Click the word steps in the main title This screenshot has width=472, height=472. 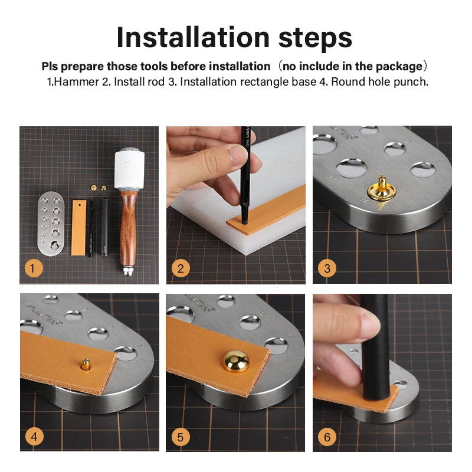(x=312, y=38)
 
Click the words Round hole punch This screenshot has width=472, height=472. (x=379, y=81)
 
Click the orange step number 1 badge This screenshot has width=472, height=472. (x=34, y=269)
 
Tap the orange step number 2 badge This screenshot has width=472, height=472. (x=181, y=269)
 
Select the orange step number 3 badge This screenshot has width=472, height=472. (x=327, y=269)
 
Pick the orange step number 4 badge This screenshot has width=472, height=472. (x=34, y=437)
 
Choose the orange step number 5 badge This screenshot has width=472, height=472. (x=181, y=437)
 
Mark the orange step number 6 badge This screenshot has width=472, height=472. (x=327, y=437)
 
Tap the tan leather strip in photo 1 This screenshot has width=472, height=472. (x=79, y=227)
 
